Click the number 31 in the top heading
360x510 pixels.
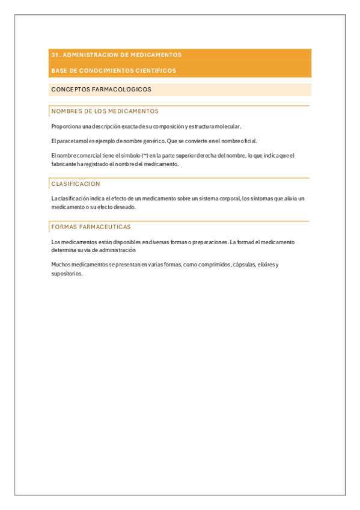55,55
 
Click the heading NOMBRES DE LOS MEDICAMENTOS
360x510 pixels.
105,111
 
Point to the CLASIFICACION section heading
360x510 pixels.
76,183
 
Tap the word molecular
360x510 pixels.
228,126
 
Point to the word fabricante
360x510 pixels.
63,164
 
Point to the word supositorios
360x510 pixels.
67,274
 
